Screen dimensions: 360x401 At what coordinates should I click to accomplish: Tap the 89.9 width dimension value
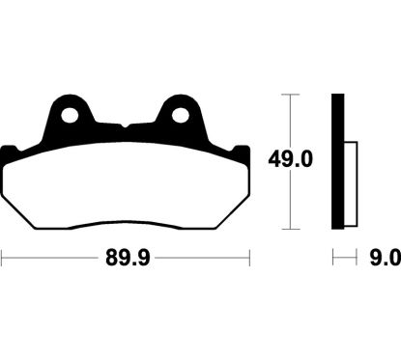pyautogui.click(x=127, y=259)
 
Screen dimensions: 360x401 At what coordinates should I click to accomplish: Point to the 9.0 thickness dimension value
pyautogui.click(x=384, y=259)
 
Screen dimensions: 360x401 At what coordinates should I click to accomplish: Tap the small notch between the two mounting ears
pyautogui.click(x=126, y=125)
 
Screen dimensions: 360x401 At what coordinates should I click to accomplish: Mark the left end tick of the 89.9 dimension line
pyautogui.click(x=3, y=259)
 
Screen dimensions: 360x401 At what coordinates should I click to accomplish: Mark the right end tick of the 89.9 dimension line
pyautogui.click(x=250, y=259)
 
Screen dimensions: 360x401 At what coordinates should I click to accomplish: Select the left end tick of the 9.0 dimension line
pyautogui.click(x=333, y=259)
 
